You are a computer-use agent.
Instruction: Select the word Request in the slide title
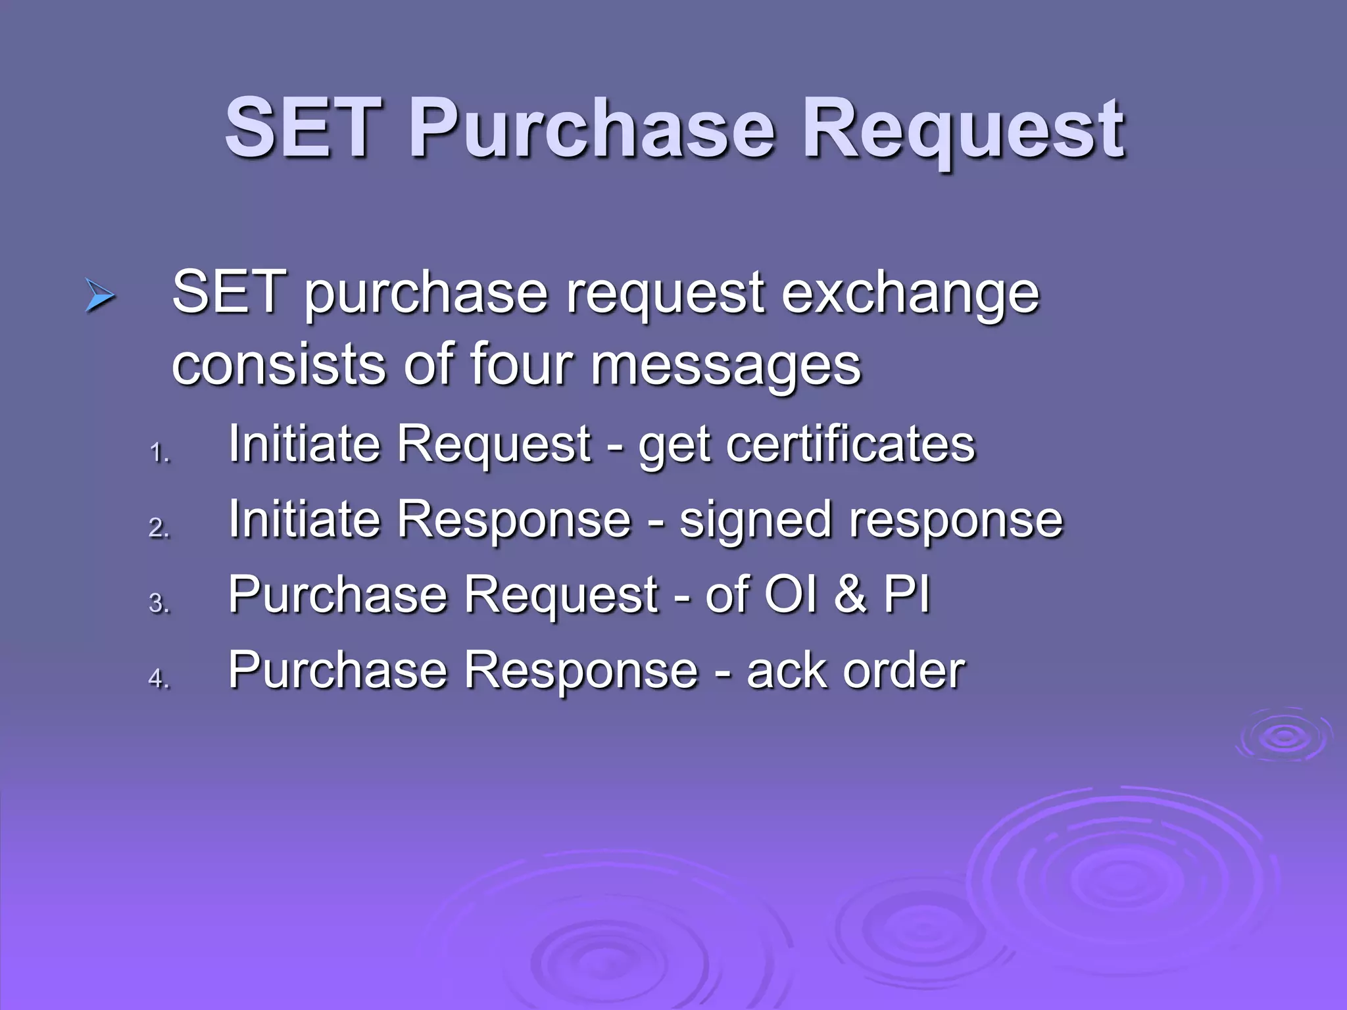964,132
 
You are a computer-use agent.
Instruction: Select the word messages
726,367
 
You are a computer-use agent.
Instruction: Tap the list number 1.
159,453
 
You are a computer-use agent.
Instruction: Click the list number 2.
159,528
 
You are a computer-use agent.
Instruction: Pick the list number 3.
159,603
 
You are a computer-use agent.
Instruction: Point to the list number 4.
159,678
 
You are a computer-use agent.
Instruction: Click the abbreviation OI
791,594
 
